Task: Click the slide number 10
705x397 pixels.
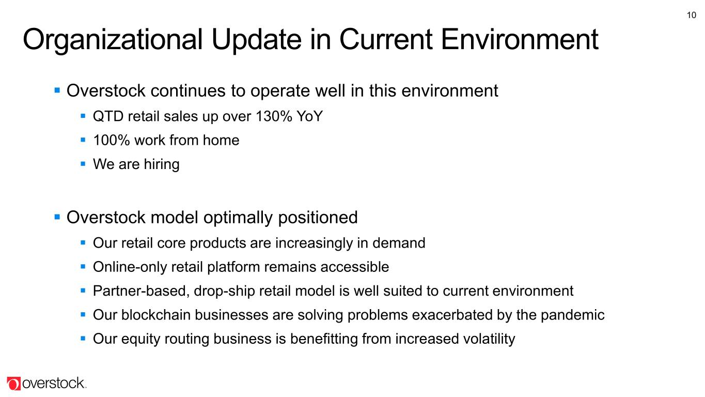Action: coord(691,15)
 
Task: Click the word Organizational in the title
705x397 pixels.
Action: coord(113,40)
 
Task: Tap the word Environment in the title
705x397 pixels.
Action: coord(519,39)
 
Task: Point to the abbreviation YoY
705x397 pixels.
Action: coord(310,116)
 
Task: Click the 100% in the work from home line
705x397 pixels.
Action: coord(112,140)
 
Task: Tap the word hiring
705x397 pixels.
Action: coord(162,164)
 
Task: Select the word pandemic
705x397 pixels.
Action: coord(572,315)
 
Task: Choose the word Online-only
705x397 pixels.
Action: coord(130,267)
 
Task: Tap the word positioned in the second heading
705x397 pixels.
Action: coord(318,218)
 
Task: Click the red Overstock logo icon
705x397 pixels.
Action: coord(14,384)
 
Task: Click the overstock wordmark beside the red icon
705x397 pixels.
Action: coord(54,384)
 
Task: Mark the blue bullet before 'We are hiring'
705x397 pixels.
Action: coord(83,164)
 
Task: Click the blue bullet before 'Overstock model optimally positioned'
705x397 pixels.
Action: coord(57,217)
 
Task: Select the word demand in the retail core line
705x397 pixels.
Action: coord(399,243)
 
